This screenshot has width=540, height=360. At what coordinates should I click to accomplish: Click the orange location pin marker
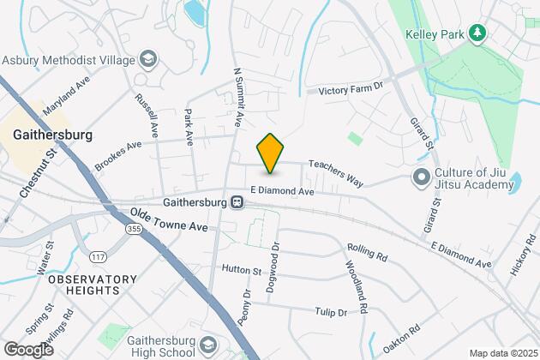pyautogui.click(x=270, y=153)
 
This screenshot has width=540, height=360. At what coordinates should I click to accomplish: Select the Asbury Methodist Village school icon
pyautogui.click(x=149, y=59)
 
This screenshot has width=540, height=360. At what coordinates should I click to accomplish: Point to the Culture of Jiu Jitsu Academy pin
pyautogui.click(x=421, y=177)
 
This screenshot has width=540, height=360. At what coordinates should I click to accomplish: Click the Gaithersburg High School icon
pyautogui.click(x=209, y=345)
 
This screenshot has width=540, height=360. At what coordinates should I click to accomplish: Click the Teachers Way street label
pyautogui.click(x=336, y=171)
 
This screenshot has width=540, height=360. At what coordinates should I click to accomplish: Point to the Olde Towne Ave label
pyautogui.click(x=169, y=221)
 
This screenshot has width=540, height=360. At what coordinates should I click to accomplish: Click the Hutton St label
pyautogui.click(x=241, y=270)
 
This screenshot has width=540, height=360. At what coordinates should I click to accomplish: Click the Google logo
pyautogui.click(x=28, y=349)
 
